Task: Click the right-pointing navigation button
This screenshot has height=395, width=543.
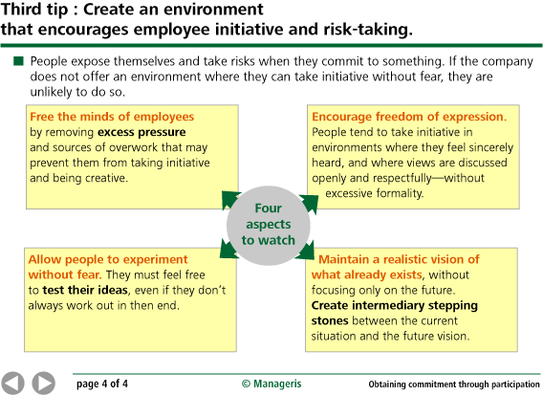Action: (44, 383)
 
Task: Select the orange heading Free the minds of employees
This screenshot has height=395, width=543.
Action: (104, 117)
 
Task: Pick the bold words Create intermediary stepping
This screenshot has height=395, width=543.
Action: (394, 305)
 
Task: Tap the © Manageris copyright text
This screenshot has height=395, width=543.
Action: (271, 384)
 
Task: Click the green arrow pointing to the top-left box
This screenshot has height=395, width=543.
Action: (229, 199)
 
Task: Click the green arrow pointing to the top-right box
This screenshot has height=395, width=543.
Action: (308, 201)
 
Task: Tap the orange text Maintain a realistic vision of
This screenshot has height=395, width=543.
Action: (412, 259)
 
